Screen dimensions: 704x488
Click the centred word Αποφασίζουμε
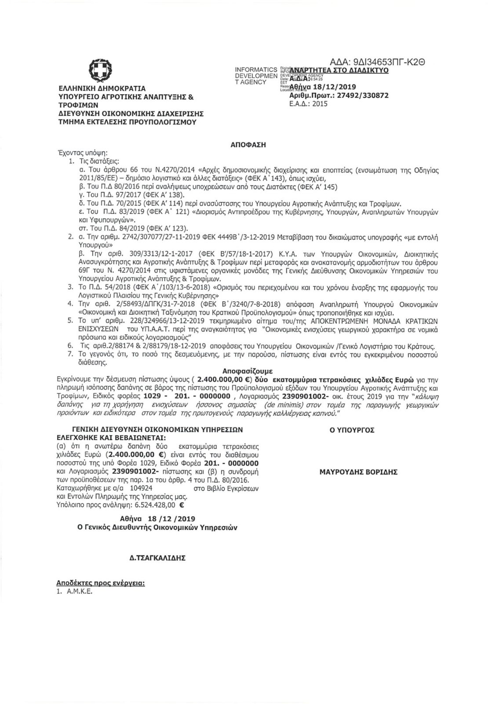[250, 370]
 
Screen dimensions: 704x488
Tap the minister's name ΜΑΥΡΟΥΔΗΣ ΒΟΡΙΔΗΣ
[358, 472]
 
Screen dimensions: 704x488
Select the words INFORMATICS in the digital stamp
[256, 70]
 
